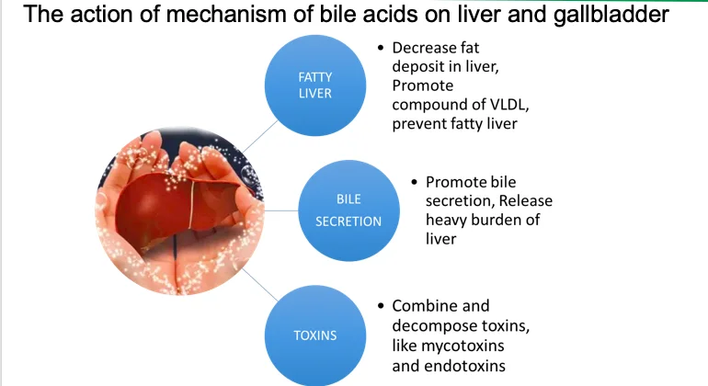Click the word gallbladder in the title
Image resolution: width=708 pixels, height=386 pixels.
[x=608, y=16]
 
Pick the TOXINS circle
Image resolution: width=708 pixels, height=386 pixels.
[x=314, y=335]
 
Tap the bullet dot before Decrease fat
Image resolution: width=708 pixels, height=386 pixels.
[x=380, y=47]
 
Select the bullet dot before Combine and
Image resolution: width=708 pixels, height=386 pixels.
[x=380, y=305]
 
